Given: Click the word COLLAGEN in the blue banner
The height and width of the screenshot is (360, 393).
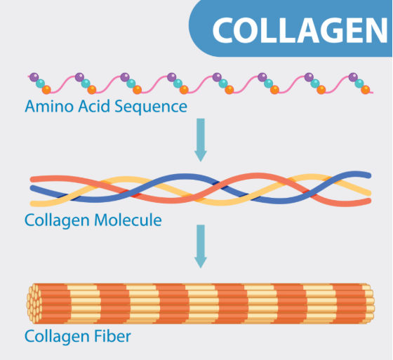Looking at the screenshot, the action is (x=300, y=30).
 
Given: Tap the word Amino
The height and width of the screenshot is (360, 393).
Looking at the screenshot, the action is (x=49, y=106).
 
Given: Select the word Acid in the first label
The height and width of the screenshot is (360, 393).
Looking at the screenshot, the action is (x=94, y=106).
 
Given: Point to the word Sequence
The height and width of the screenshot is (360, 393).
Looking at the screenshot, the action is (x=151, y=107).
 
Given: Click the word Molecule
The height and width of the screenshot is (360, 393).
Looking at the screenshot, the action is (x=128, y=220).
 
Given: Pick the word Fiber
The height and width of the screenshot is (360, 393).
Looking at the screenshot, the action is (x=112, y=336).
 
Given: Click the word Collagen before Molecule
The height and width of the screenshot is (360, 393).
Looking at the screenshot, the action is (x=57, y=221).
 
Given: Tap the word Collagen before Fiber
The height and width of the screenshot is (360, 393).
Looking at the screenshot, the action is (x=57, y=337).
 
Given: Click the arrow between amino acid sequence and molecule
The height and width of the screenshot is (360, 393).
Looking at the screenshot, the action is (x=201, y=140).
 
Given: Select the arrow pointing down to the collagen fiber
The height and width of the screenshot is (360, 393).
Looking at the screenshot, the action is (x=201, y=246).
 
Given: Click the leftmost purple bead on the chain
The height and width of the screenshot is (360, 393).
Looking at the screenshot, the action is (x=34, y=77).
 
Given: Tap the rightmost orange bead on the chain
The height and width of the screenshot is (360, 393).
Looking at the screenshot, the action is (x=365, y=90).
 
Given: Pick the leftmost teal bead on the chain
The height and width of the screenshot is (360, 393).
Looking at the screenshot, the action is (x=41, y=84).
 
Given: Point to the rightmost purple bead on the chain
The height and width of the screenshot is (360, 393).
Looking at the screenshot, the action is (x=353, y=77).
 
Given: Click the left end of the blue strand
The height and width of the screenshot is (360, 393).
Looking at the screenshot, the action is (x=32, y=187).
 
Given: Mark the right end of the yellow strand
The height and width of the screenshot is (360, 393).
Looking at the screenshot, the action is (x=369, y=193).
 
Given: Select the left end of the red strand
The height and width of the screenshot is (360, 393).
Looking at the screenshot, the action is (x=32, y=179).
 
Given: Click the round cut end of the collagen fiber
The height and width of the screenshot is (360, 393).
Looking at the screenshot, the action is (x=34, y=303).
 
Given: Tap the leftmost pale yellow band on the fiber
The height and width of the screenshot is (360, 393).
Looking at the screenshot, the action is (x=84, y=304).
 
